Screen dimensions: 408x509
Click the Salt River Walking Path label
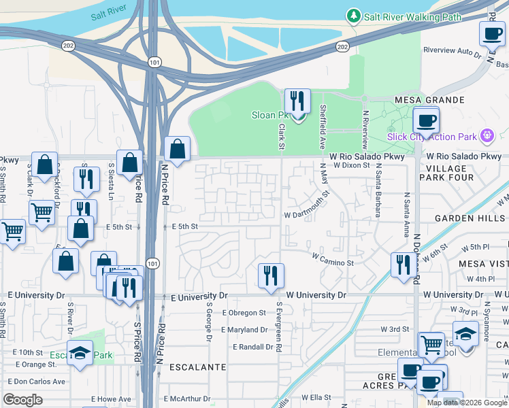[412, 17]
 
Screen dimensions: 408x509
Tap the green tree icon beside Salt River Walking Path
[353, 16]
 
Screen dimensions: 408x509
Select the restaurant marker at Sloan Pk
[297, 102]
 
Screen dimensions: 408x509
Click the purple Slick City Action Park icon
[486, 137]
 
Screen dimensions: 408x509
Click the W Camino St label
[333, 258]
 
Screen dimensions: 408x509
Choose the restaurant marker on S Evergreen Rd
[271, 275]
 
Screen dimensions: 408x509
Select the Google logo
[22, 400]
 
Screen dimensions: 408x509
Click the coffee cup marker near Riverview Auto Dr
[492, 33]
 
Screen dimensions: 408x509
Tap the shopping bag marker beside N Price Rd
[177, 149]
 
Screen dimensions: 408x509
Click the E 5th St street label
[184, 226]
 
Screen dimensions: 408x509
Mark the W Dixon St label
[350, 165]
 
